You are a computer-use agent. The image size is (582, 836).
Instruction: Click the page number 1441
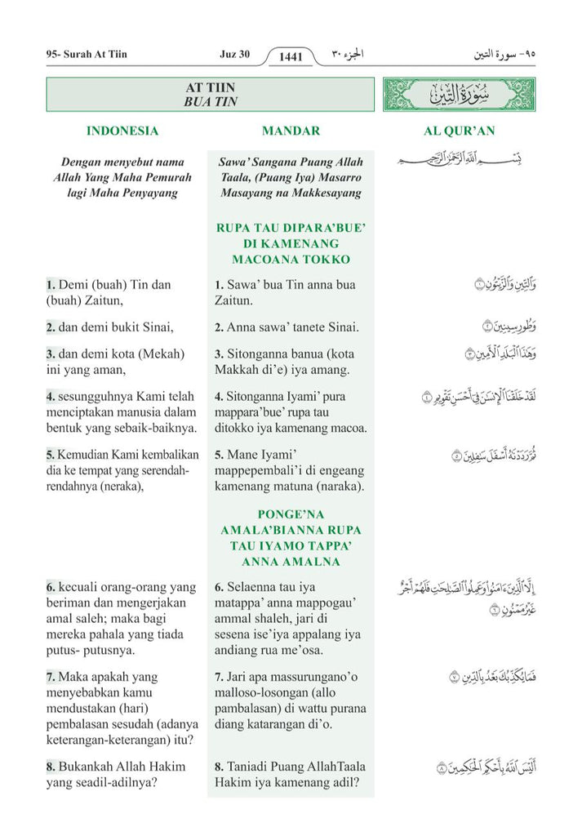[x=291, y=56]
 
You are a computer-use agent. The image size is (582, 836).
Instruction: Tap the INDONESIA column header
[x=122, y=131]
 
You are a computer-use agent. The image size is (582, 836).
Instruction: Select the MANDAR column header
[x=291, y=131]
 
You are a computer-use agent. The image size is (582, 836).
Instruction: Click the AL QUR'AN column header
[x=460, y=131]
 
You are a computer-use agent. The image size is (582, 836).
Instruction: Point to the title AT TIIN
[x=210, y=88]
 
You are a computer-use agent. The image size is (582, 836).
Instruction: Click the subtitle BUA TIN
[x=210, y=102]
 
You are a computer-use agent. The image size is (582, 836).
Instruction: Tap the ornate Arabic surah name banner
[x=459, y=95]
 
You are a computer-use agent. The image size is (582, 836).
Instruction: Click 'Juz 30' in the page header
[x=234, y=55]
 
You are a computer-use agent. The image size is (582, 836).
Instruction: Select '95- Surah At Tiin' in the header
[x=87, y=55]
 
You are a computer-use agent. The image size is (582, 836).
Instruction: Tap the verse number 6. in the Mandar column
[x=220, y=587]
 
